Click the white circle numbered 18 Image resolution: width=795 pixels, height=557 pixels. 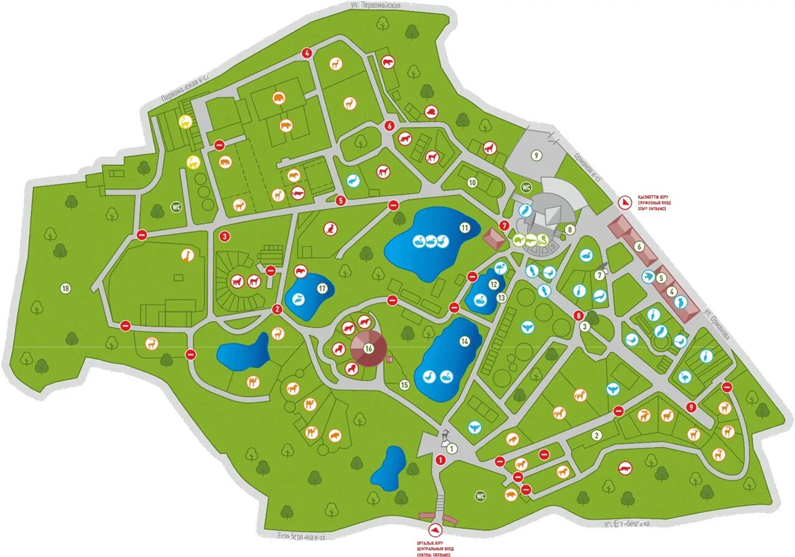[x=65, y=288]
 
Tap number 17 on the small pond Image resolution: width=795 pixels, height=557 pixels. [x=322, y=288]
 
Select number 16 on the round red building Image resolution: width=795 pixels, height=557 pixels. [x=369, y=348]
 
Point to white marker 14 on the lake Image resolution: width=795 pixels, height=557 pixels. [x=465, y=341]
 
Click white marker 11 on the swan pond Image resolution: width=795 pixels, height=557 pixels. [x=465, y=228]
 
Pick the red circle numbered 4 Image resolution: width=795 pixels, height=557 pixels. [x=306, y=53]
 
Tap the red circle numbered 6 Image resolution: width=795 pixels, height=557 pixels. [x=389, y=126]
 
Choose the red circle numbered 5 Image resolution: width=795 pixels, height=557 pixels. [x=340, y=201]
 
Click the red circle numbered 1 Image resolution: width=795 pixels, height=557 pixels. [x=441, y=460]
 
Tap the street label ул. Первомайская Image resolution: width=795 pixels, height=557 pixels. [x=374, y=5]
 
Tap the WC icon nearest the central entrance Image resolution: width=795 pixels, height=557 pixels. [x=480, y=496]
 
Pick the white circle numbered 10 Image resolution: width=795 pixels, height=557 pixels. [x=472, y=183]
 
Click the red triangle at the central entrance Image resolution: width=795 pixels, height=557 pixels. [x=435, y=529]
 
